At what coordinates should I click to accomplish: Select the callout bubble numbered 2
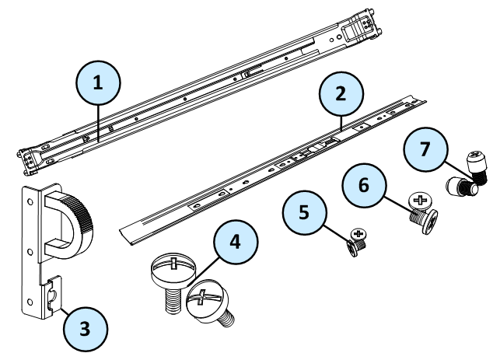(341, 92)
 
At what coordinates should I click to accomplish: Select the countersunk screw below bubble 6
(418, 206)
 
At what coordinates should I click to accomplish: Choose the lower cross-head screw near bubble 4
(210, 304)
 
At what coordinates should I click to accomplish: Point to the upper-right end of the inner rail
(420, 100)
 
